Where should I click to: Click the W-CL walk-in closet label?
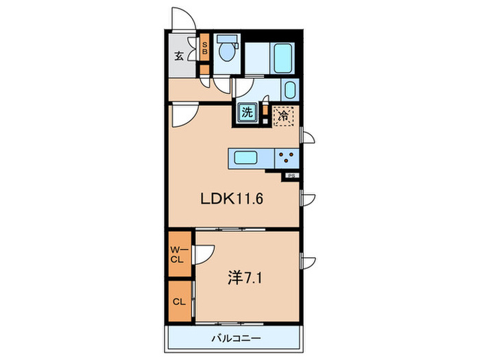tap(177, 254)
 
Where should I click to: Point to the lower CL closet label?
tap(177, 302)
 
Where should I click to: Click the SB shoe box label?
tap(204, 49)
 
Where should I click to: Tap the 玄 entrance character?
tap(178, 56)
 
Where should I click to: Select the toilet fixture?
tap(226, 51)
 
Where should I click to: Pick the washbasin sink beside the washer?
tap(289, 90)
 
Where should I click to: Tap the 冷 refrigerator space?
tap(282, 116)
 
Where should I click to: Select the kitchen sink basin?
tap(245, 158)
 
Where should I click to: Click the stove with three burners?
tap(286, 158)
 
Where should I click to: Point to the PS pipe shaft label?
tap(291, 176)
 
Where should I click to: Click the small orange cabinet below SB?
tap(204, 69)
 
